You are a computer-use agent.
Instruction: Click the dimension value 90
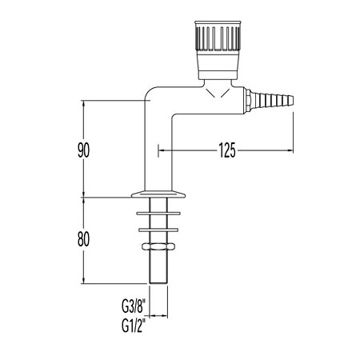point(83,150)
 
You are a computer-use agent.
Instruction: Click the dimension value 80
point(83,238)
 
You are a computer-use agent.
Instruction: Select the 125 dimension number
point(227,150)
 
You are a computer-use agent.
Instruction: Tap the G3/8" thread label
point(134,306)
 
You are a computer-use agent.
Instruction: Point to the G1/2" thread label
point(134,326)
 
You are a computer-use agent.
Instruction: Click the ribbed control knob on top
point(218,38)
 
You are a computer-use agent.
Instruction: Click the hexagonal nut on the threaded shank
point(158,246)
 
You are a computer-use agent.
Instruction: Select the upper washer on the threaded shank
point(158,214)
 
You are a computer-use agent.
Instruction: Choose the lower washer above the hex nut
point(158,230)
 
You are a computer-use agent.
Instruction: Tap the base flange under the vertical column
point(158,194)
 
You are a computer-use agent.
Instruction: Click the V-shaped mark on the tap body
point(218,94)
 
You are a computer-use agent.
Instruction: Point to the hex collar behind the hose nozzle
point(248,100)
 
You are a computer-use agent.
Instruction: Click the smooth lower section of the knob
point(218,66)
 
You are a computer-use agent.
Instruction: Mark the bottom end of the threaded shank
point(158,283)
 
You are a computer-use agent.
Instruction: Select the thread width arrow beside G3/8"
point(158,316)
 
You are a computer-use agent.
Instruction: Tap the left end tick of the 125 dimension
point(158,150)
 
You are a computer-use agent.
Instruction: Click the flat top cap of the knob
point(218,23)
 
